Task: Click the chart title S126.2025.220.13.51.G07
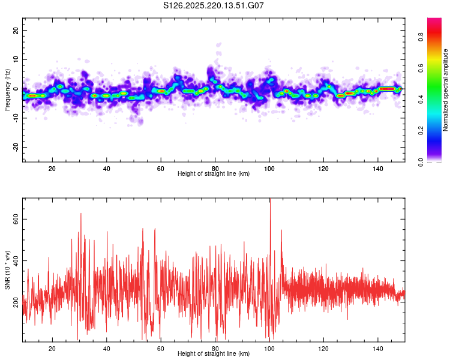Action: [213, 5]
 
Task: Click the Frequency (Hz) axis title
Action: [7, 90]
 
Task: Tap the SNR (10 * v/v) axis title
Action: [7, 270]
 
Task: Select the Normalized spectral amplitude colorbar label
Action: [445, 90]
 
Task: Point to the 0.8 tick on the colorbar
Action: [421, 37]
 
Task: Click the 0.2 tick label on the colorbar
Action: [421, 131]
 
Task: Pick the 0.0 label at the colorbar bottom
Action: [421, 162]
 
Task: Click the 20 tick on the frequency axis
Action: [16, 30]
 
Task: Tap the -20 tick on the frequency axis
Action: [16, 147]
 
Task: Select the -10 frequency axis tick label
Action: [16, 118]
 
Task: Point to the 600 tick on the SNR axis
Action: [16, 219]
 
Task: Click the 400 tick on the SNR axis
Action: [16, 260]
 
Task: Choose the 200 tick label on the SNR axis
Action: [16, 302]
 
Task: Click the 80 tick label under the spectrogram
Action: [215, 169]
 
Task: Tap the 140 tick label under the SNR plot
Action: [377, 349]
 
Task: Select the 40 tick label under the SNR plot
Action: [106, 349]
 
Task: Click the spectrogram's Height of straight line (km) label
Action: [214, 173]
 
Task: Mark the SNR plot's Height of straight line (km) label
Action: [214, 353]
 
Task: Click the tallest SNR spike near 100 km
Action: [270, 199]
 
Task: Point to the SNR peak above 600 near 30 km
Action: [80, 214]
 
